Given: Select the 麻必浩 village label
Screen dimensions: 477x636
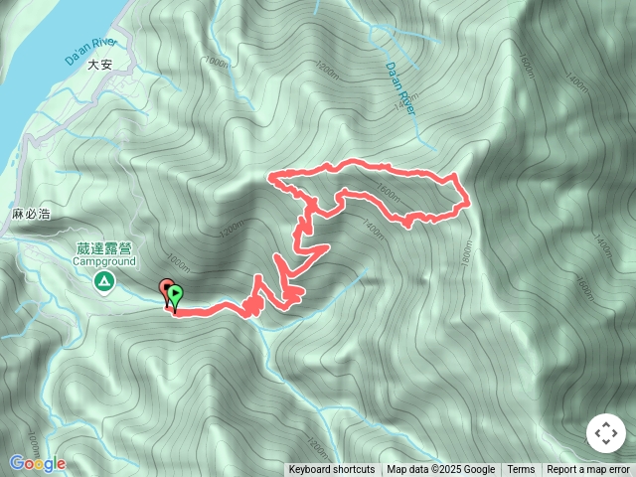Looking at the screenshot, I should [x=30, y=215].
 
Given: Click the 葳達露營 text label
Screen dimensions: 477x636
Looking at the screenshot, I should [x=102, y=249].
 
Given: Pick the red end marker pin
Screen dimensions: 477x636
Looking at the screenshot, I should [x=166, y=290].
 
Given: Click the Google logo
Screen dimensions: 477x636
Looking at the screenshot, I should [x=38, y=463].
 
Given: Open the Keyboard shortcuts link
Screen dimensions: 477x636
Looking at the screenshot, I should [x=332, y=470].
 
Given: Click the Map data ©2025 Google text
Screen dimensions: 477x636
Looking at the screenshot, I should [x=441, y=470].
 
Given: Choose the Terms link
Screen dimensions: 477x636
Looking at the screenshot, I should [x=521, y=470].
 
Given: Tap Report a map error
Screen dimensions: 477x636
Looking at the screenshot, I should [x=589, y=470].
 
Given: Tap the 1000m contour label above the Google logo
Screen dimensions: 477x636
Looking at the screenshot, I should [x=33, y=438].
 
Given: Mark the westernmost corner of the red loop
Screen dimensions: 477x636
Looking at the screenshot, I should [x=270, y=178].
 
